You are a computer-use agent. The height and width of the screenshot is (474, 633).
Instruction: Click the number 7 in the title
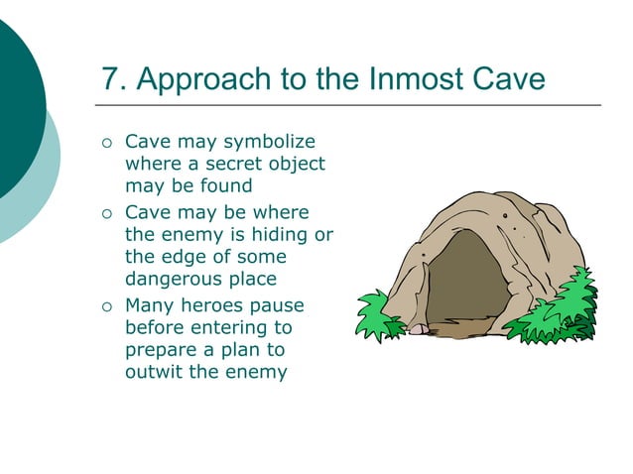pyautogui.click(x=111, y=78)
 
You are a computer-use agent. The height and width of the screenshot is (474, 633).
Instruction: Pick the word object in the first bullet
pyautogui.click(x=297, y=164)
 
